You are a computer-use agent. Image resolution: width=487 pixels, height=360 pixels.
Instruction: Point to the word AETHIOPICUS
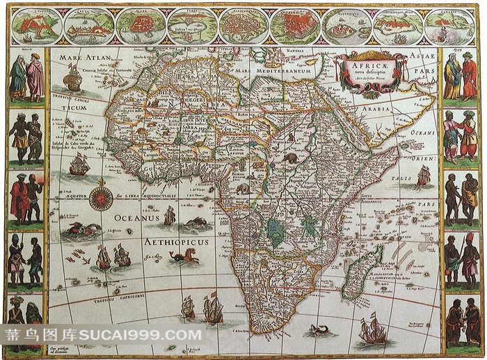pyautogui.click(x=176, y=242)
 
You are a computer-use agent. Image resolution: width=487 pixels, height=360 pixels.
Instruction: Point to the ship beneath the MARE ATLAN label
pyautogui.click(x=73, y=79)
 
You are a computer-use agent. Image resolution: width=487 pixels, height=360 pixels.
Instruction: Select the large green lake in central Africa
pyautogui.click(x=277, y=232)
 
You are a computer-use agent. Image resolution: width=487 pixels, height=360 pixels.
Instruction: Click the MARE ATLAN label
pyautogui.click(x=85, y=58)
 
